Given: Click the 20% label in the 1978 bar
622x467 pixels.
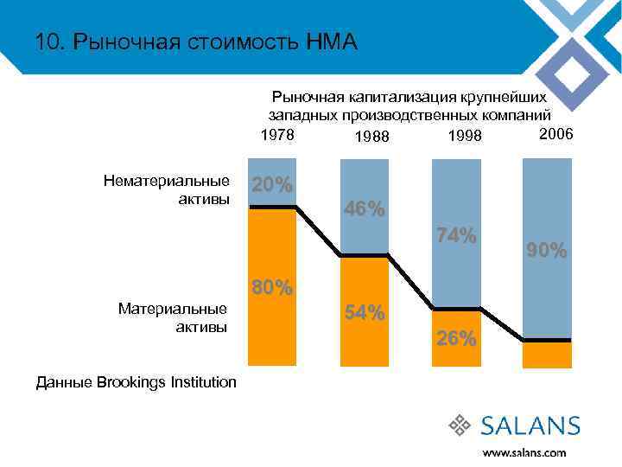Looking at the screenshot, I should [272, 186].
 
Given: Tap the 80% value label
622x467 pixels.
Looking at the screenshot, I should [272, 288].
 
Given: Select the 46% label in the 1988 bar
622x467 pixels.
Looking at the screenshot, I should [365, 209].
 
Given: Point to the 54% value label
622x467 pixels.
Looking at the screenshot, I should [365, 313].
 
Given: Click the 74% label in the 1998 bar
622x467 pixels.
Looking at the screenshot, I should [456, 235].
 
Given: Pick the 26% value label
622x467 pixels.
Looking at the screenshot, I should [456, 339].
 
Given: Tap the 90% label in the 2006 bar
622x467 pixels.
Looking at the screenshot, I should [548, 251].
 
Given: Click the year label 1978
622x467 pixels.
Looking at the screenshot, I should [277, 136].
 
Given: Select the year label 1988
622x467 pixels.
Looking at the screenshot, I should [371, 138].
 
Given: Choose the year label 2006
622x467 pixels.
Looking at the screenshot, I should [555, 134].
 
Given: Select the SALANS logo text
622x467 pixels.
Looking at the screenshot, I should [530, 425].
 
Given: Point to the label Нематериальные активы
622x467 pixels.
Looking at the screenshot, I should [167, 190].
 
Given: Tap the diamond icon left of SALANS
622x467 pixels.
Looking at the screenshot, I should [460, 425].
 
